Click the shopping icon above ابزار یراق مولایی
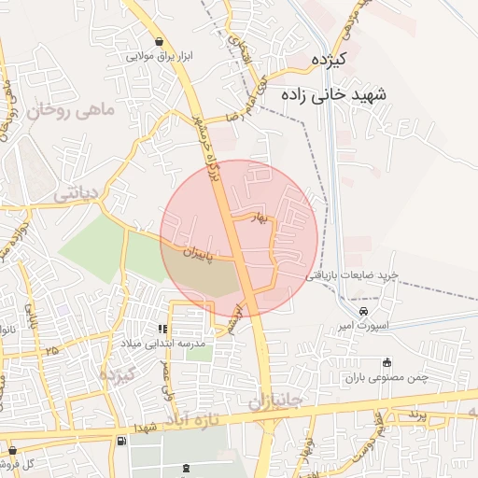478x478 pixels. [x=160, y=41]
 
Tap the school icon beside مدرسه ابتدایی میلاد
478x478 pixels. [x=163, y=329]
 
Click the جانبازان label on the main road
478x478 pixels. [x=275, y=401]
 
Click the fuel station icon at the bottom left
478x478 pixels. [x=119, y=442]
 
